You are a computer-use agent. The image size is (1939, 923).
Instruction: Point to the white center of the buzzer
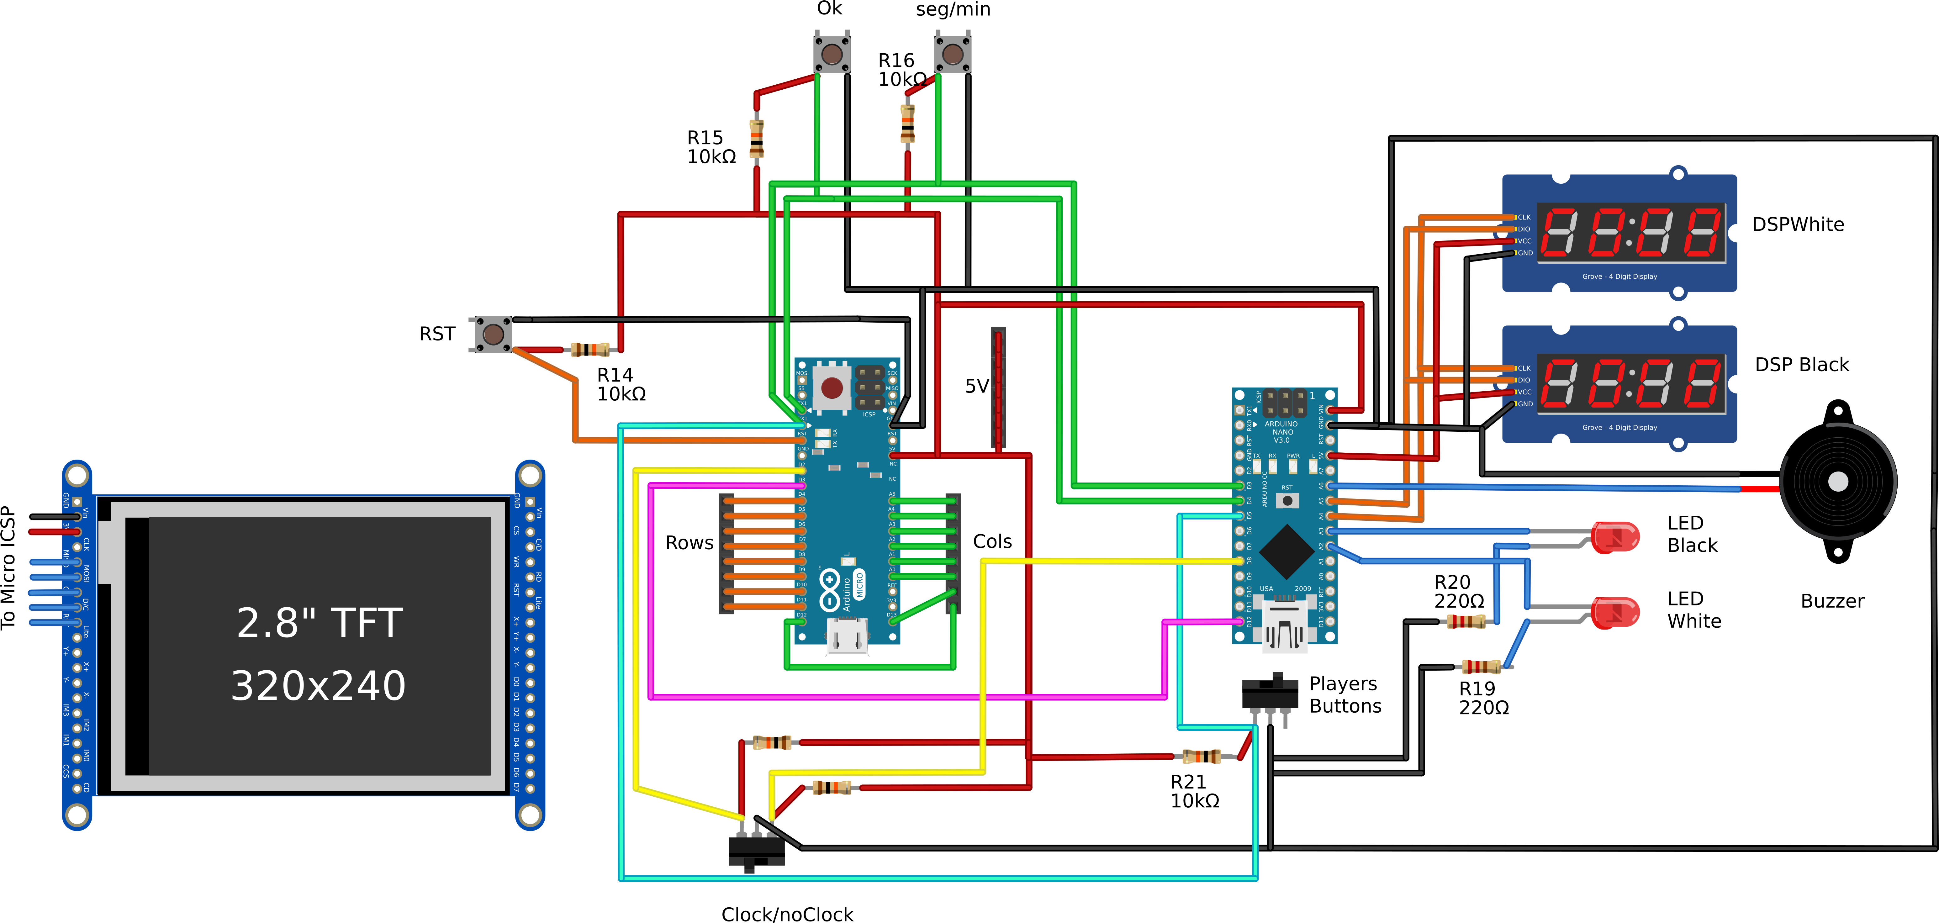point(1837,482)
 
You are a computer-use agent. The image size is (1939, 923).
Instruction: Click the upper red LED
point(1615,537)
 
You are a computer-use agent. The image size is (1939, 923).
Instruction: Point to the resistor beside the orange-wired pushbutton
point(589,349)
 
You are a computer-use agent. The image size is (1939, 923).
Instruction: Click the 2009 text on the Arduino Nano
point(1302,589)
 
